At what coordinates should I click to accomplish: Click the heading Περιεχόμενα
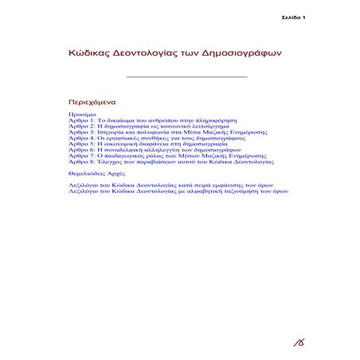coord(94,103)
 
